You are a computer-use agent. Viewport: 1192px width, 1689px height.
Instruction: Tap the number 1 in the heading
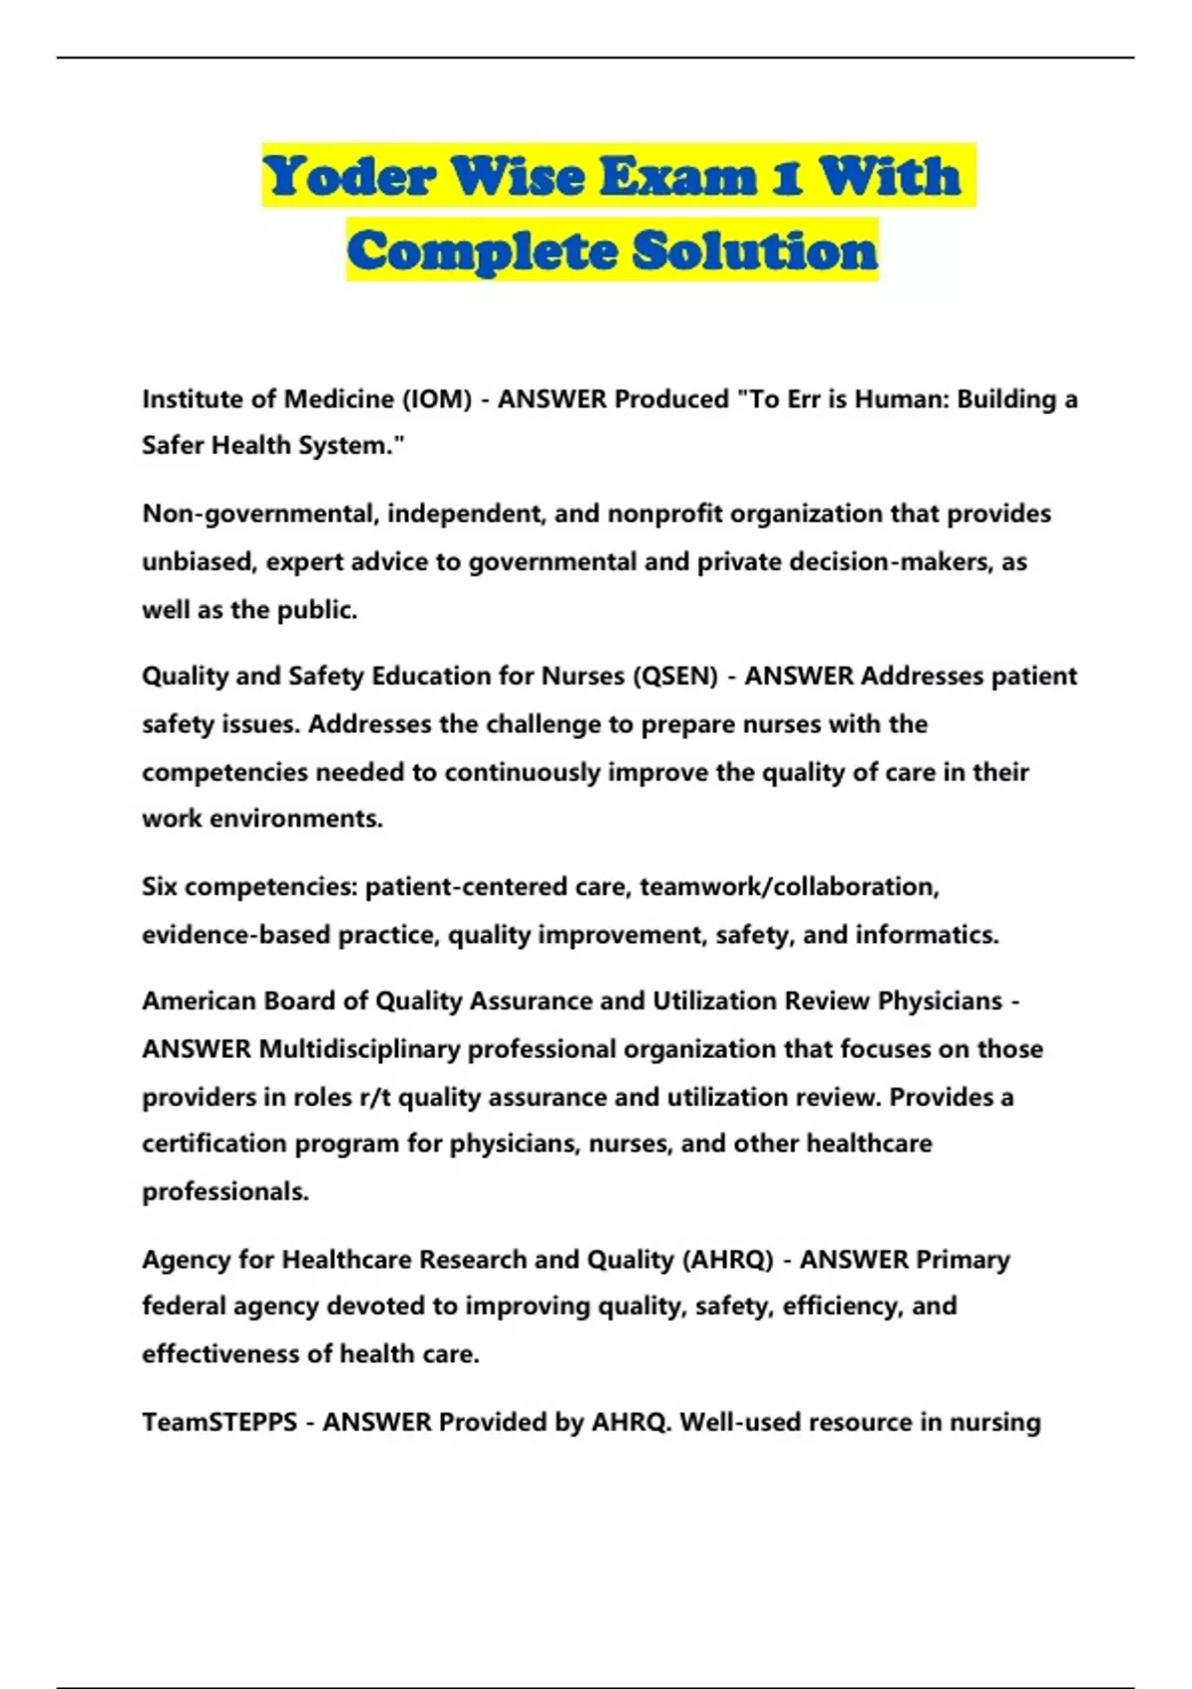coord(787,177)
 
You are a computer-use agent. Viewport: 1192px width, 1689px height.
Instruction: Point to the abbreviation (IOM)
coord(436,399)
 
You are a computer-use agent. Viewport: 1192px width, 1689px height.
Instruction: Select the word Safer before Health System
coord(172,446)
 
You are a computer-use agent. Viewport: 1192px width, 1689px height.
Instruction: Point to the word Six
coord(159,886)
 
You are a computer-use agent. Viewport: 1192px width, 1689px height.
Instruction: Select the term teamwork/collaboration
coord(789,886)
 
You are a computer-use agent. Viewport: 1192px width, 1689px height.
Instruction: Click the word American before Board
coord(199,1001)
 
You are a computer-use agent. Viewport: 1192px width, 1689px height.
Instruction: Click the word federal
coord(184,1305)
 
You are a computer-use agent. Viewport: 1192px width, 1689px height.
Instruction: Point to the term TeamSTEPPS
coord(220,1423)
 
